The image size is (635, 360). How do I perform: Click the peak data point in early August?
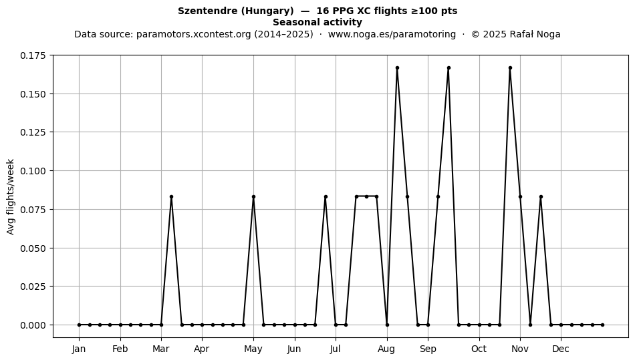pos(397,68)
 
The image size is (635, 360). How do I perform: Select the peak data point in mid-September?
pos(449,68)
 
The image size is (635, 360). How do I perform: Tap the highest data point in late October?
pos(510,68)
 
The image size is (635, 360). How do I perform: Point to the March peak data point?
pos(171,196)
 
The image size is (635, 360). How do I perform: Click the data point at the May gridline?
pos(253,196)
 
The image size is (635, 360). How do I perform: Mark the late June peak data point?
pos(326,196)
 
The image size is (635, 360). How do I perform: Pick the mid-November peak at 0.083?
pos(541,196)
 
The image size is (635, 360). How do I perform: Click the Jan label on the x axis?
pos(79,349)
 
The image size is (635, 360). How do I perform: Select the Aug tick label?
pos(386,349)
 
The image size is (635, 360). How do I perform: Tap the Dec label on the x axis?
pos(561,349)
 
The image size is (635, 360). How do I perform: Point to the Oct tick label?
pos(479,349)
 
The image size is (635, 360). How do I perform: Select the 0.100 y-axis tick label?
pos(33,171)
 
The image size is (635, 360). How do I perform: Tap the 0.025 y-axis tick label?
pos(33,287)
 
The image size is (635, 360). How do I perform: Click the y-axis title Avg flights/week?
pos(11,196)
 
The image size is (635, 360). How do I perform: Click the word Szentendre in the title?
pos(208,11)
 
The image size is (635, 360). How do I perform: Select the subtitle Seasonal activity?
pos(317,22)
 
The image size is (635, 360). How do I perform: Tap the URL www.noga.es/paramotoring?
pos(392,34)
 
